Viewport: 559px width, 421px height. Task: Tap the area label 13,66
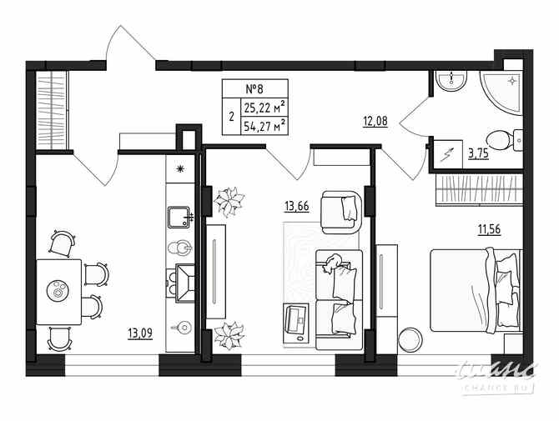pos(296,206)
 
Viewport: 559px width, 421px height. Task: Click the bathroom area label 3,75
pos(479,153)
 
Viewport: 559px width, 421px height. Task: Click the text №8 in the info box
pos(254,89)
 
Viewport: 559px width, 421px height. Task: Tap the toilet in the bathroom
pos(500,139)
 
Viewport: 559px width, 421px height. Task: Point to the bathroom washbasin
pos(451,81)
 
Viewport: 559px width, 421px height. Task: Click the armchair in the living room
pos(342,213)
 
